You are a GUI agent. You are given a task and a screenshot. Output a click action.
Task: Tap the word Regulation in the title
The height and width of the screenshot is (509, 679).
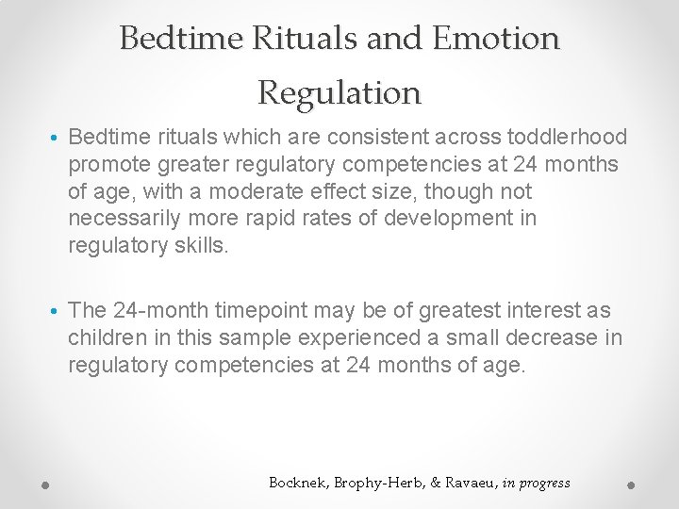pos(339,92)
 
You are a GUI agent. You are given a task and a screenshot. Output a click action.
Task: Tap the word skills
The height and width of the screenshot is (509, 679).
pos(203,245)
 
